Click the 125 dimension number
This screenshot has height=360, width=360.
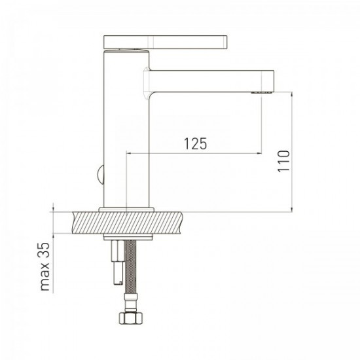(196, 144)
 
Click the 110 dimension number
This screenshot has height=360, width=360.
(284, 161)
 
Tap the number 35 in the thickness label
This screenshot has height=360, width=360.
(45, 250)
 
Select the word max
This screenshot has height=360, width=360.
(45, 276)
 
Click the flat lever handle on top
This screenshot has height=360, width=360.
(166, 42)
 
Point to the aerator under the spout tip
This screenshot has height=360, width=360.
(262, 92)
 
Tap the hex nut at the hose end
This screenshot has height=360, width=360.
(131, 317)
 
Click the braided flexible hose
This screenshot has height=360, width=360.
(131, 267)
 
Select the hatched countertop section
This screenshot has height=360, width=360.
(128, 223)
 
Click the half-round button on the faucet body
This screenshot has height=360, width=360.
(101, 175)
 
